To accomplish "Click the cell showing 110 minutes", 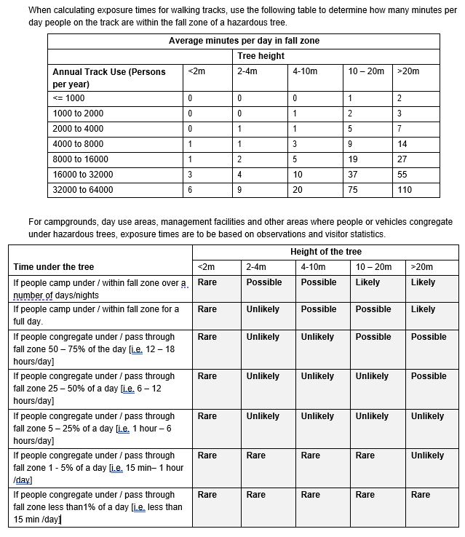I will (405, 190).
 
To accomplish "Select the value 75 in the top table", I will (352, 190).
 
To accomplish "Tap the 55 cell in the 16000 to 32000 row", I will (402, 175).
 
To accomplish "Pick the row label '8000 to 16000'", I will (80, 159).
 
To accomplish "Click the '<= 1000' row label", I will (69, 98).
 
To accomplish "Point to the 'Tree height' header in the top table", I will (261, 56).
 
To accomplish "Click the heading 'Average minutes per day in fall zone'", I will (244, 41).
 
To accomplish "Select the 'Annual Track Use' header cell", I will (109, 78).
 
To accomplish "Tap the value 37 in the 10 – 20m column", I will (352, 175).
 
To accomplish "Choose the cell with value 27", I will (402, 159).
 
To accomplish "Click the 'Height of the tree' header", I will (326, 252).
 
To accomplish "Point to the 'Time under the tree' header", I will (54, 267).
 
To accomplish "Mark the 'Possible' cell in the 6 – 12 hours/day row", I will (429, 376).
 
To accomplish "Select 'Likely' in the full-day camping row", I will (423, 309).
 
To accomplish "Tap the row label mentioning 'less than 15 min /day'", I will (98, 506).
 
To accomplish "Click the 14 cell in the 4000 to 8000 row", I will (402, 144).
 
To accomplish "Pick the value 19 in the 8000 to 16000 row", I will (352, 159).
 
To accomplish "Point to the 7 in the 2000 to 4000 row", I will (400, 129).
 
